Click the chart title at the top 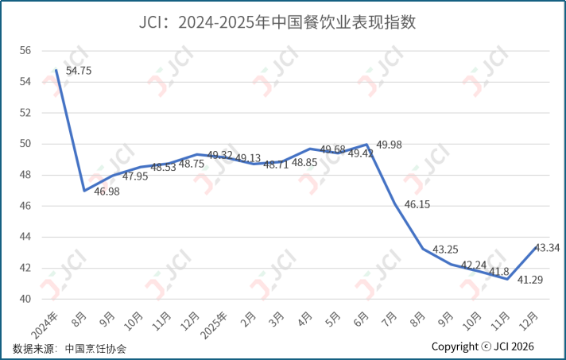(277, 22)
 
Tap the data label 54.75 (79, 71)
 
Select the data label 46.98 (107, 192)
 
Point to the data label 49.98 (390, 145)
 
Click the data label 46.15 (417, 204)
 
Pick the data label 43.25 (445, 250)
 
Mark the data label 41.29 (530, 280)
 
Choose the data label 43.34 (547, 248)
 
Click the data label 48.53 (163, 167)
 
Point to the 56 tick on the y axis (25, 51)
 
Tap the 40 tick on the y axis (25, 299)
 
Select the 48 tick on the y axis (25, 175)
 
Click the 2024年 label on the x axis (45, 325)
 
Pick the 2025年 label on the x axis (214, 325)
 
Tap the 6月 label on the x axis (361, 319)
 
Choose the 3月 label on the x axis (277, 319)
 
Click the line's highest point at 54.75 (56, 70)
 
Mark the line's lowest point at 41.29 (507, 279)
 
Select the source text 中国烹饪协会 (95, 348)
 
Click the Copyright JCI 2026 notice (483, 346)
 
